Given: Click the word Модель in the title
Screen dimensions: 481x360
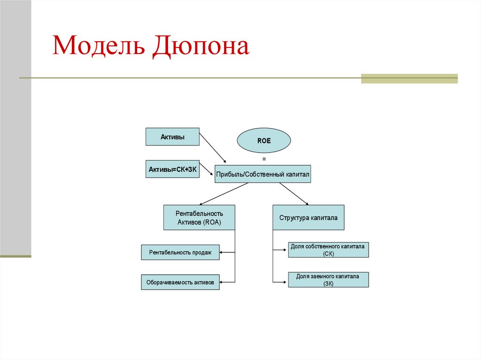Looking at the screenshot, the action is click(x=97, y=46).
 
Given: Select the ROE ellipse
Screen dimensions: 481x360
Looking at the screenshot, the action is click(x=264, y=140).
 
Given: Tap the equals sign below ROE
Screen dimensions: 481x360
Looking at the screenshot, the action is click(x=264, y=159).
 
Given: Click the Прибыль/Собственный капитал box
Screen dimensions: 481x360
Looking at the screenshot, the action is click(x=263, y=174).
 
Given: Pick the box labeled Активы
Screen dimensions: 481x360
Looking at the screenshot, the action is click(x=172, y=137).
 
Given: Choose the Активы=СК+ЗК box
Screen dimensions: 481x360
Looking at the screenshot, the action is click(x=172, y=169).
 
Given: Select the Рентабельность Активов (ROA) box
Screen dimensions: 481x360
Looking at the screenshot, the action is click(x=199, y=217).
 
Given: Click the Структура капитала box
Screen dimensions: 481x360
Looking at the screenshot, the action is click(x=308, y=217).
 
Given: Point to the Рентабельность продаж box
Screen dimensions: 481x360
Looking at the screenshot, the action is click(x=180, y=253).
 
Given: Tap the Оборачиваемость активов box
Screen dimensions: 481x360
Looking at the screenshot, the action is click(x=180, y=283).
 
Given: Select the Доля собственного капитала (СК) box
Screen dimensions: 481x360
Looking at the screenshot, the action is click(x=328, y=250).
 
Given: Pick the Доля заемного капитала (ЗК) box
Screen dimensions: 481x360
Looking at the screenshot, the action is click(x=328, y=280).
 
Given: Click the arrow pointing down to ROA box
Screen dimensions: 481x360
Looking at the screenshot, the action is click(x=225, y=194).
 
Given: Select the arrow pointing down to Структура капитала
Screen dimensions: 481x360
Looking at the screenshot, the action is click(x=294, y=194).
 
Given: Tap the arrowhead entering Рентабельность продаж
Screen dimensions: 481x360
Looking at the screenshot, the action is click(x=223, y=253).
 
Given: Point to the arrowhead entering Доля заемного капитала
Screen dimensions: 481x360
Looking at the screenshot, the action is click(x=285, y=281).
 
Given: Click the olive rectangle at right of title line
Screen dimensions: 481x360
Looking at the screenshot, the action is click(x=409, y=78).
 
